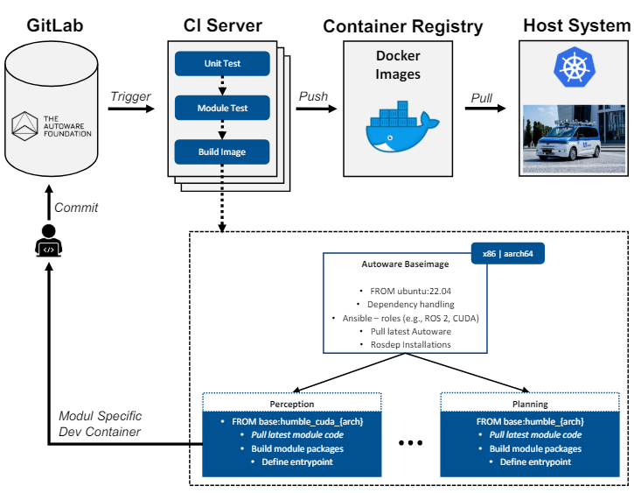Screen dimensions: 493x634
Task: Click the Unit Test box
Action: pyautogui.click(x=222, y=64)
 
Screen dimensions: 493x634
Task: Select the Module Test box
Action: pyautogui.click(x=222, y=108)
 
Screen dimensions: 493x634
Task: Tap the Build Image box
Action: pyautogui.click(x=222, y=151)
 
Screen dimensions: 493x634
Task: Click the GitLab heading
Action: pyautogui.click(x=56, y=25)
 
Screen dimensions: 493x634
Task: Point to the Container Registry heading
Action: pyautogui.click(x=402, y=26)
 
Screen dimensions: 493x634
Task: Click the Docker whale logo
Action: pyautogui.click(x=398, y=127)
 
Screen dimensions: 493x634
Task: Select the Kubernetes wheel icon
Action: pyautogui.click(x=574, y=67)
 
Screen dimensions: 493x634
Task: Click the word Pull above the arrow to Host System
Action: pyautogui.click(x=482, y=97)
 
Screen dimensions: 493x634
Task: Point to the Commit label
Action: pyautogui.click(x=75, y=208)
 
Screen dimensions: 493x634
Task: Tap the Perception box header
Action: pyautogui.click(x=293, y=405)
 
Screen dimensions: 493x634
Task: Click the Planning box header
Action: pyautogui.click(x=529, y=405)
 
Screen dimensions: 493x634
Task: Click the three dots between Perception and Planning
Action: pyautogui.click(x=411, y=444)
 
